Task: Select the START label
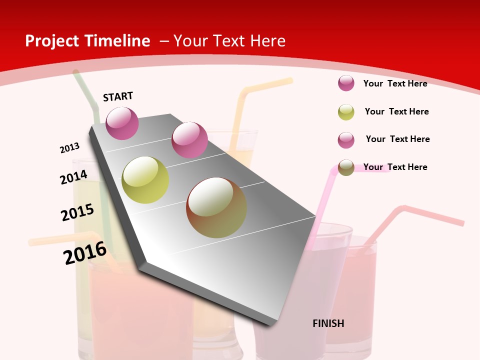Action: click(118, 96)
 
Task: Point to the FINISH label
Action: click(328, 323)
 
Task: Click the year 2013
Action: click(69, 148)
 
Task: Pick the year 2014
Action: click(73, 177)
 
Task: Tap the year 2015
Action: click(77, 212)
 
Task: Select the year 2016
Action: click(85, 252)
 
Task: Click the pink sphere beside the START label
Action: click(122, 123)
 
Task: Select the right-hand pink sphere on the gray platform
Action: click(189, 139)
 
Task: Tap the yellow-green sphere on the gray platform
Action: click(145, 180)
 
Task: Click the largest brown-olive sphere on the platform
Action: click(216, 207)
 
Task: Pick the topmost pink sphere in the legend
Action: click(346, 83)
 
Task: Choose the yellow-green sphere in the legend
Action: click(346, 112)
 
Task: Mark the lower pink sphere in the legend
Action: click(346, 140)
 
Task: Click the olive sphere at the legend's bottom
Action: click(346, 167)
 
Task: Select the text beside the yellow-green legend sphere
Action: click(396, 111)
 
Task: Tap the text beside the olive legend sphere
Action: click(395, 167)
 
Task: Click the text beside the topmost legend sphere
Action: click(395, 83)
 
